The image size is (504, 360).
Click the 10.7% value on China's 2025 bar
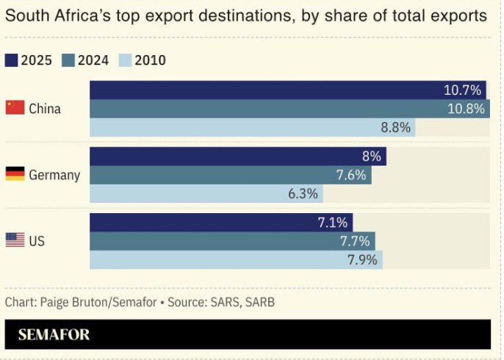click(462, 90)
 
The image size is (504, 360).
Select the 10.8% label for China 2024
click(466, 109)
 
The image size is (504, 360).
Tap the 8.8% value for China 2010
click(396, 128)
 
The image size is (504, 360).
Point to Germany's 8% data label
click(372, 156)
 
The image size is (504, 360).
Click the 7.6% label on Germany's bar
click(351, 175)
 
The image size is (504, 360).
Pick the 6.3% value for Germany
click(303, 194)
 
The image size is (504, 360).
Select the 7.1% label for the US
click(333, 223)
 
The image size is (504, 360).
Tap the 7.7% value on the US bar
click(355, 242)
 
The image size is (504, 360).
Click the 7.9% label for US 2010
click(363, 260)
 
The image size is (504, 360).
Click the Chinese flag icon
click(15, 107)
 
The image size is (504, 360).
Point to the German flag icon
click(15, 173)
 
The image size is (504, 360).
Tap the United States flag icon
click(15, 240)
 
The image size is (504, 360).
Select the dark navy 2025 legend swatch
click(11, 60)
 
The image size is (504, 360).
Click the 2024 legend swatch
click(68, 60)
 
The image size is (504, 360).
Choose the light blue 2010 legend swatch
click(125, 60)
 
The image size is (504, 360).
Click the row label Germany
click(54, 176)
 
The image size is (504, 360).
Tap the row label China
click(45, 109)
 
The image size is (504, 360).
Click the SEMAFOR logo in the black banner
click(54, 334)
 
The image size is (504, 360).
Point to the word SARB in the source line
click(260, 303)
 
